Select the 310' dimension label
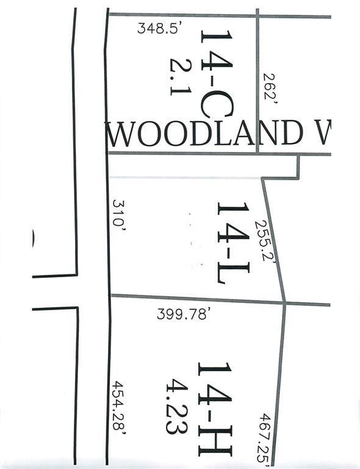click(x=119, y=213)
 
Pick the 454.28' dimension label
click(x=120, y=407)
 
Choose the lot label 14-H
click(x=214, y=408)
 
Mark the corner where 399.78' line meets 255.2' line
click(x=285, y=302)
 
